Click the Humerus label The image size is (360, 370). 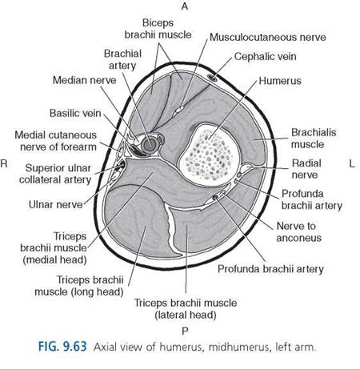pos(280,81)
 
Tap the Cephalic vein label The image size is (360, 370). pos(266,57)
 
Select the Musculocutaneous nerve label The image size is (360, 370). pos(268,38)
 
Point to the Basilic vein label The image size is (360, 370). pos(75,113)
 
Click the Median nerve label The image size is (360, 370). pos(85,80)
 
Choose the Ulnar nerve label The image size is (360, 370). pos(56,205)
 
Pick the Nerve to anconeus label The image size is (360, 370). pos(299,232)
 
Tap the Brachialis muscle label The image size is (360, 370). pos(314,139)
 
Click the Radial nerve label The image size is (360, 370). pos(306,169)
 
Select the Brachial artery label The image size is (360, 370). pos(122,59)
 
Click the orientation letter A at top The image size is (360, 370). pos(185,6)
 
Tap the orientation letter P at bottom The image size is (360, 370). pos(185,332)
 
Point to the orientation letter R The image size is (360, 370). pos(4,163)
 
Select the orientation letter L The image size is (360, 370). pos(352,163)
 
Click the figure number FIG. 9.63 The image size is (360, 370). pos(62,347)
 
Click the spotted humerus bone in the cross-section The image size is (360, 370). pos(207,155)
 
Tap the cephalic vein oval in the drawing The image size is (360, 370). pos(213,78)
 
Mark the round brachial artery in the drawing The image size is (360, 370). pos(149,144)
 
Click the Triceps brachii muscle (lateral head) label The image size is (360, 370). pos(186,309)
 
